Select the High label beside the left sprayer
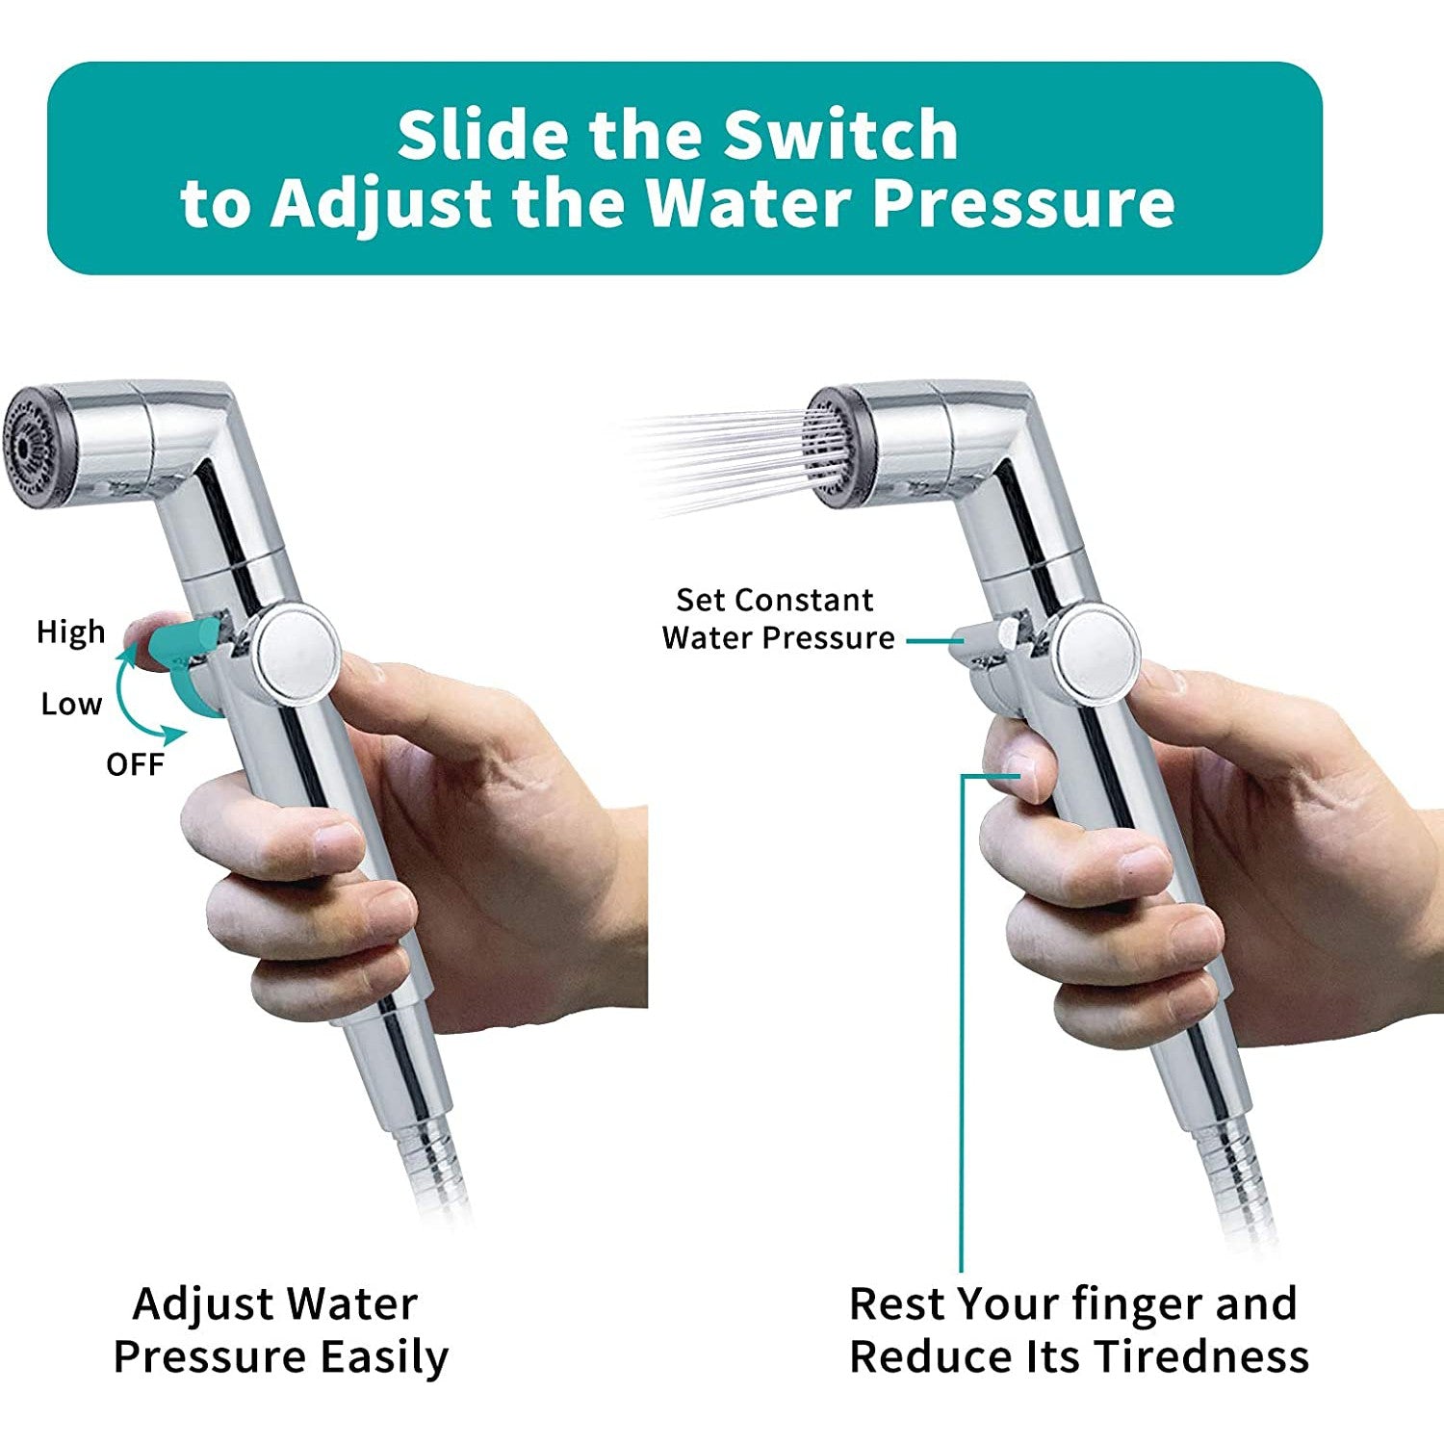tap(70, 632)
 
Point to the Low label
tap(70, 704)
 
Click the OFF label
tap(135, 764)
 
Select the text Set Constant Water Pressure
tap(777, 619)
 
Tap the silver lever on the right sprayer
tap(982, 641)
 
